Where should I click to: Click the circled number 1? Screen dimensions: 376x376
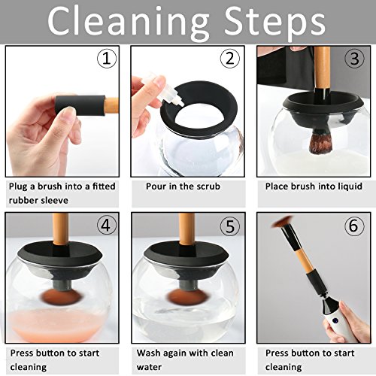tap(107, 59)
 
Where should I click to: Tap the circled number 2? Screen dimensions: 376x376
tap(230, 59)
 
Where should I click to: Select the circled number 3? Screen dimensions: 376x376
tap(354, 59)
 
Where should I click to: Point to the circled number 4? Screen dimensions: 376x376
tap(107, 226)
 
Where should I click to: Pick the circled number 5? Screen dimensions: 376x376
tap(230, 226)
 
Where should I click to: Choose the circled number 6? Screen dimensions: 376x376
tap(353, 226)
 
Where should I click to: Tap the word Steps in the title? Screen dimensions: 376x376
tap(275, 23)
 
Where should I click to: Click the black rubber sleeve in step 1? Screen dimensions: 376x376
tap(80, 105)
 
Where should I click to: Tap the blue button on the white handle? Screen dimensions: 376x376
tap(334, 320)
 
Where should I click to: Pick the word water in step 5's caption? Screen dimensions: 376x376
tap(149, 367)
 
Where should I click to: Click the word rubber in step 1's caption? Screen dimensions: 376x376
tap(23, 200)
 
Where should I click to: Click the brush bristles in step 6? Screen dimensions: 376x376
tap(282, 222)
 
